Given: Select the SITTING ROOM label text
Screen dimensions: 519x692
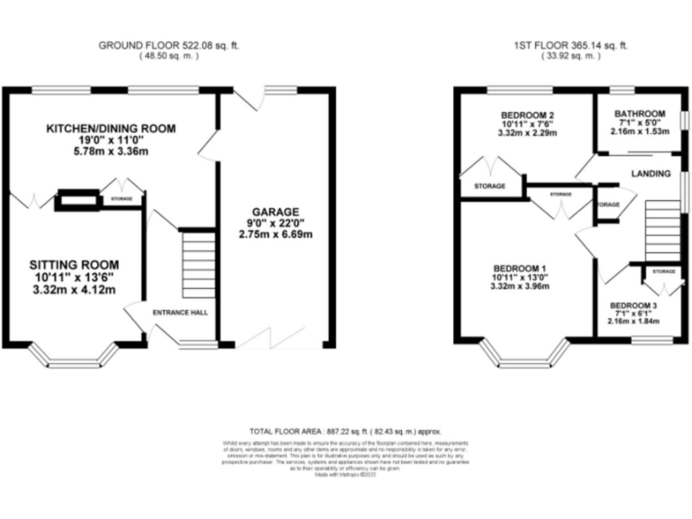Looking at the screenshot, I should click(74, 264).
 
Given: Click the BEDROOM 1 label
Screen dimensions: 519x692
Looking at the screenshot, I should click(519, 269).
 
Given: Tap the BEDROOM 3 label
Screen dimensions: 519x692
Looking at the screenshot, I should click(634, 305).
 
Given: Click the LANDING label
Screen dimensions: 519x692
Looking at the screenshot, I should click(651, 173).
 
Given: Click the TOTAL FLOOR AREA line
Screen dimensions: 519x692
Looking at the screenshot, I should click(346, 432).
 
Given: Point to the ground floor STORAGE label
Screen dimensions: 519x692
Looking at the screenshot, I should click(122, 198).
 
